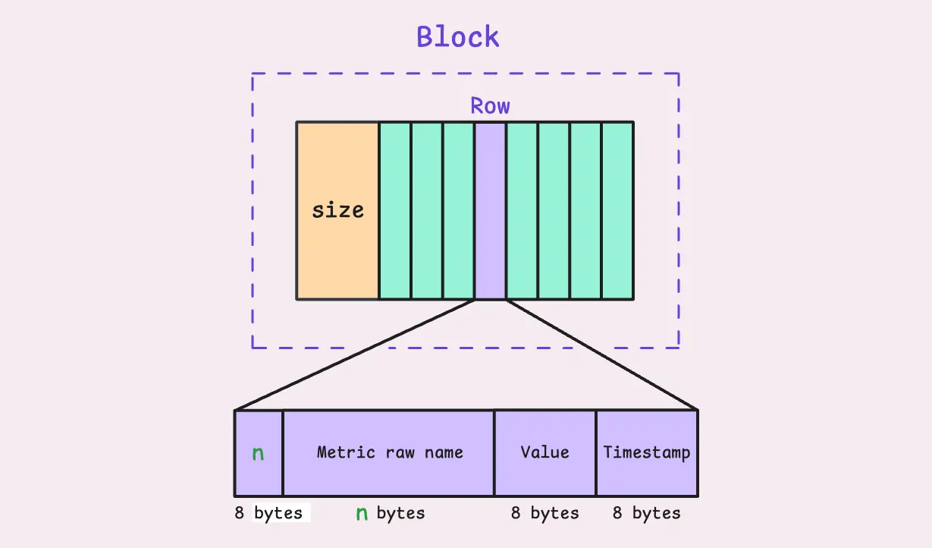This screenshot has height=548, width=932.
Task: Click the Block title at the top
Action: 458,36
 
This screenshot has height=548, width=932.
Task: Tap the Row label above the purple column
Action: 490,106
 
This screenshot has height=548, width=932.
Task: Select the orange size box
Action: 337,211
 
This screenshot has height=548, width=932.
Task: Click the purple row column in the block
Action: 490,211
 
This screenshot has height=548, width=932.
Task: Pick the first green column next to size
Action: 395,211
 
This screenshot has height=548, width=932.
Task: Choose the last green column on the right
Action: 618,211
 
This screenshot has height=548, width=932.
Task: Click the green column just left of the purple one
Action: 459,211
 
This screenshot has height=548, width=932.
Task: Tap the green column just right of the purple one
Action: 522,211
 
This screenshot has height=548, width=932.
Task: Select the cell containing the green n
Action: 259,453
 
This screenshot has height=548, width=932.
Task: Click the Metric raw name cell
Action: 388,453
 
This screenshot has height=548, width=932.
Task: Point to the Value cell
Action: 545,453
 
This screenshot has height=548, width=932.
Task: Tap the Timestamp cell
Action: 647,453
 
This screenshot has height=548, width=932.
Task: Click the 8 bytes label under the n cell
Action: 268,513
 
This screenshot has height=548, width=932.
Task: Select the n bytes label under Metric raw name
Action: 391,513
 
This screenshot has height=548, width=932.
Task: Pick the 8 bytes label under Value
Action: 545,513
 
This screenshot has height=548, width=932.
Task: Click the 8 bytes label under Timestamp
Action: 647,513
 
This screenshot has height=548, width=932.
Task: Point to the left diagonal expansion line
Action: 354,354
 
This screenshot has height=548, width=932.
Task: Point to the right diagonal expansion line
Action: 602,354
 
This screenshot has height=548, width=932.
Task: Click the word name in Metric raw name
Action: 444,452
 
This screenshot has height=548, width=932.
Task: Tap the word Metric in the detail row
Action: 346,452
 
